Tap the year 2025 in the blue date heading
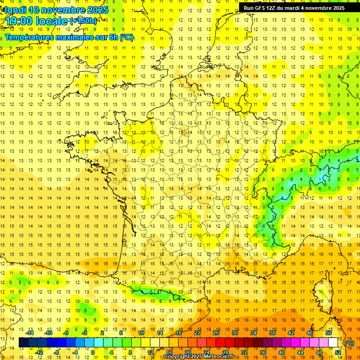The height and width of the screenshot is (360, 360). click(97, 10)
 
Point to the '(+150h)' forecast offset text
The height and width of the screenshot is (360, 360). click(83, 21)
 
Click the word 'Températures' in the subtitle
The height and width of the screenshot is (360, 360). click(29, 37)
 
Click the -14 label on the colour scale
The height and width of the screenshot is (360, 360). click(30, 333)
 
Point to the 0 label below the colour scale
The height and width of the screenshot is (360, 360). click(93, 352)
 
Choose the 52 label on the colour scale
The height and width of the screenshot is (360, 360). click(338, 352)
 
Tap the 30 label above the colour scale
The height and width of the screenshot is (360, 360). click(234, 333)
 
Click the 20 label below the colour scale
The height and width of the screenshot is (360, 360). click(187, 352)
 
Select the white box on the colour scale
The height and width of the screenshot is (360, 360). click(333, 343)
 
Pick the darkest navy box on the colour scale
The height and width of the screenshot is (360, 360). click(24, 343)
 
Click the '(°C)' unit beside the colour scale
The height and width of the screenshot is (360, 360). click(349, 343)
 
